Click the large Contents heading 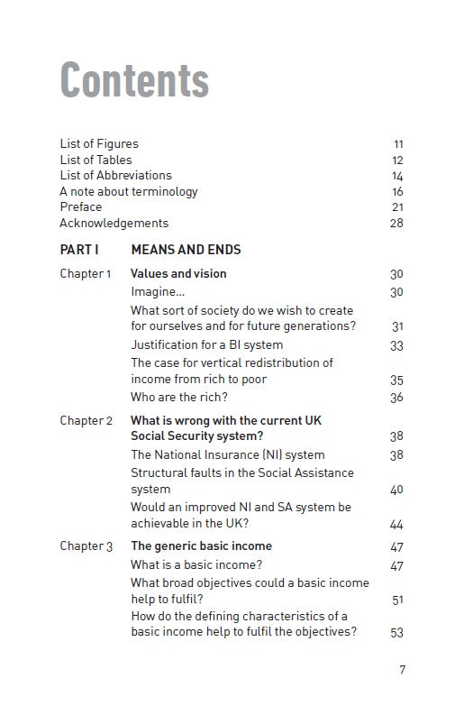tap(134, 80)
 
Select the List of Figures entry tap(99, 143)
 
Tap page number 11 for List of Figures tap(398, 144)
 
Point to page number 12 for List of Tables tap(397, 160)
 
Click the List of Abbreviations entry tap(115, 176)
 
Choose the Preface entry tap(81, 207)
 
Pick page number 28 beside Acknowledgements tap(396, 224)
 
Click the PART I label tap(79, 250)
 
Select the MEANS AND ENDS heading tap(186, 250)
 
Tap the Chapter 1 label tap(86, 274)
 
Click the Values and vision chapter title tap(178, 274)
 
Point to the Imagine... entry tap(158, 292)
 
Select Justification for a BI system tap(206, 345)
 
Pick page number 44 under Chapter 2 tap(396, 525)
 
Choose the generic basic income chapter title tap(201, 546)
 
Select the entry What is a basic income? tap(196, 565)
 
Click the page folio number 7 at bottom tap(402, 669)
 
